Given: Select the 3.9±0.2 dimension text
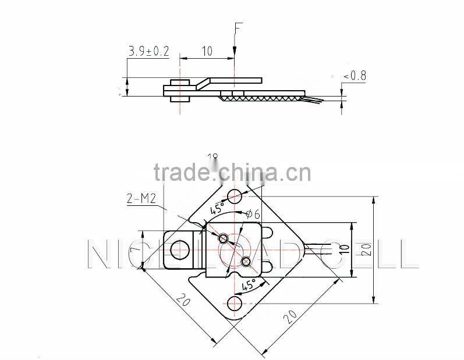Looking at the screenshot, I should pyautogui.click(x=148, y=52).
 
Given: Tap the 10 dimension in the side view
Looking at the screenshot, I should pyautogui.click(x=207, y=51).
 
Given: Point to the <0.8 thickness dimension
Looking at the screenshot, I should pyautogui.click(x=355, y=76).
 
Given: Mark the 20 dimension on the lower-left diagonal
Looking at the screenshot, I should pyautogui.click(x=183, y=301).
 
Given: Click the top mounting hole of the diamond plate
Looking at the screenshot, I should pyautogui.click(x=235, y=195).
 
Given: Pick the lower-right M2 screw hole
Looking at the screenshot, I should pyautogui.click(x=246, y=261).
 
